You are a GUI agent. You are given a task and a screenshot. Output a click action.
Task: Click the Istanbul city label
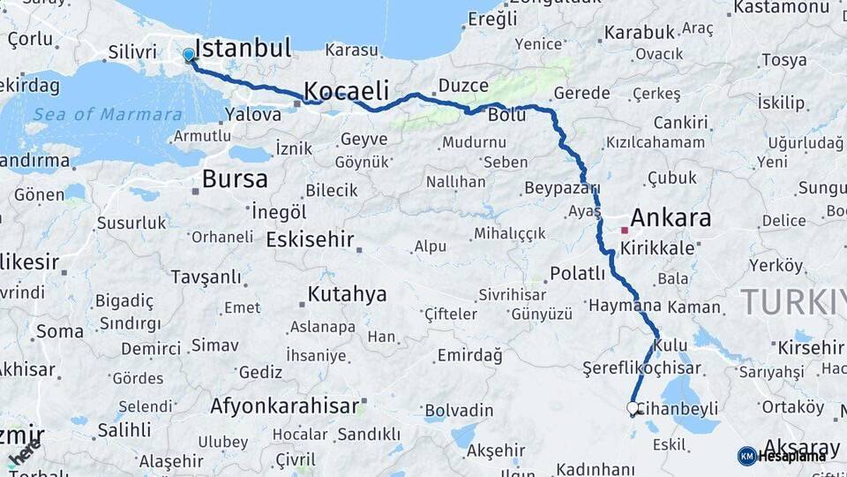[x=242, y=48]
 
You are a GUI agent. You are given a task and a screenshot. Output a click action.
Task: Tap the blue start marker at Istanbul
[x=188, y=55]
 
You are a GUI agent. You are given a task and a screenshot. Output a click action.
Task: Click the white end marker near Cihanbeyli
[x=633, y=407]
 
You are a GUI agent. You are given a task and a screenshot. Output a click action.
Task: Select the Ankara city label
[x=671, y=217]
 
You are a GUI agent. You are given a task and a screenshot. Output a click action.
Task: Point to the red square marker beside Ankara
[x=624, y=230]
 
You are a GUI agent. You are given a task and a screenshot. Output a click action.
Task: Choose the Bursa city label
[x=234, y=179]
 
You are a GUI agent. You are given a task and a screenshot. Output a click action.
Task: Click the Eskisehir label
[x=310, y=239]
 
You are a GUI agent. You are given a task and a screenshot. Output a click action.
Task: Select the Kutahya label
[x=347, y=294]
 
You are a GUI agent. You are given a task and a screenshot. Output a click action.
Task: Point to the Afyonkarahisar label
[x=284, y=406]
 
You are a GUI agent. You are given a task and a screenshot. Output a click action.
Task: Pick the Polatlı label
[x=577, y=273]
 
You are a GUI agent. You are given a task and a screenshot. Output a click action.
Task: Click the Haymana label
[x=624, y=305]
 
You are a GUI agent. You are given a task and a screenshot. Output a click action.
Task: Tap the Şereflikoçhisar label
[x=641, y=367]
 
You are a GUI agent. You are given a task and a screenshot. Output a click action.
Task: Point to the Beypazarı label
[x=562, y=188]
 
